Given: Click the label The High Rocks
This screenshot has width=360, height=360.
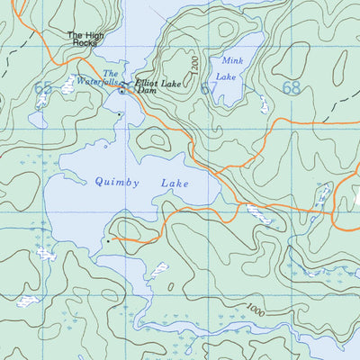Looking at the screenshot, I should pyautogui.click(x=85, y=40).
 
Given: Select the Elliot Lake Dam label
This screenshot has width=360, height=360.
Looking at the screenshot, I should pyautogui.click(x=152, y=87).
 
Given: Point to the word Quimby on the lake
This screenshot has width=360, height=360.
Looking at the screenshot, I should pyautogui.click(x=116, y=182).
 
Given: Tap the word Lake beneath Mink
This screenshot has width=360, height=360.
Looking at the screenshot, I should pyautogui.click(x=227, y=76).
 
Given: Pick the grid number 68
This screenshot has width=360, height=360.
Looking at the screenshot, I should pyautogui.click(x=291, y=88).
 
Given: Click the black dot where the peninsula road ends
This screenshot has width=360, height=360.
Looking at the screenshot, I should pyautogui.click(x=107, y=240).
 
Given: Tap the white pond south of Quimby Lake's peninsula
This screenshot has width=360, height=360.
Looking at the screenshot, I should pyautogui.click(x=160, y=268).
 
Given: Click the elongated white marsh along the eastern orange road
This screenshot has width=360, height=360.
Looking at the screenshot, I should pyautogui.click(x=259, y=214).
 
